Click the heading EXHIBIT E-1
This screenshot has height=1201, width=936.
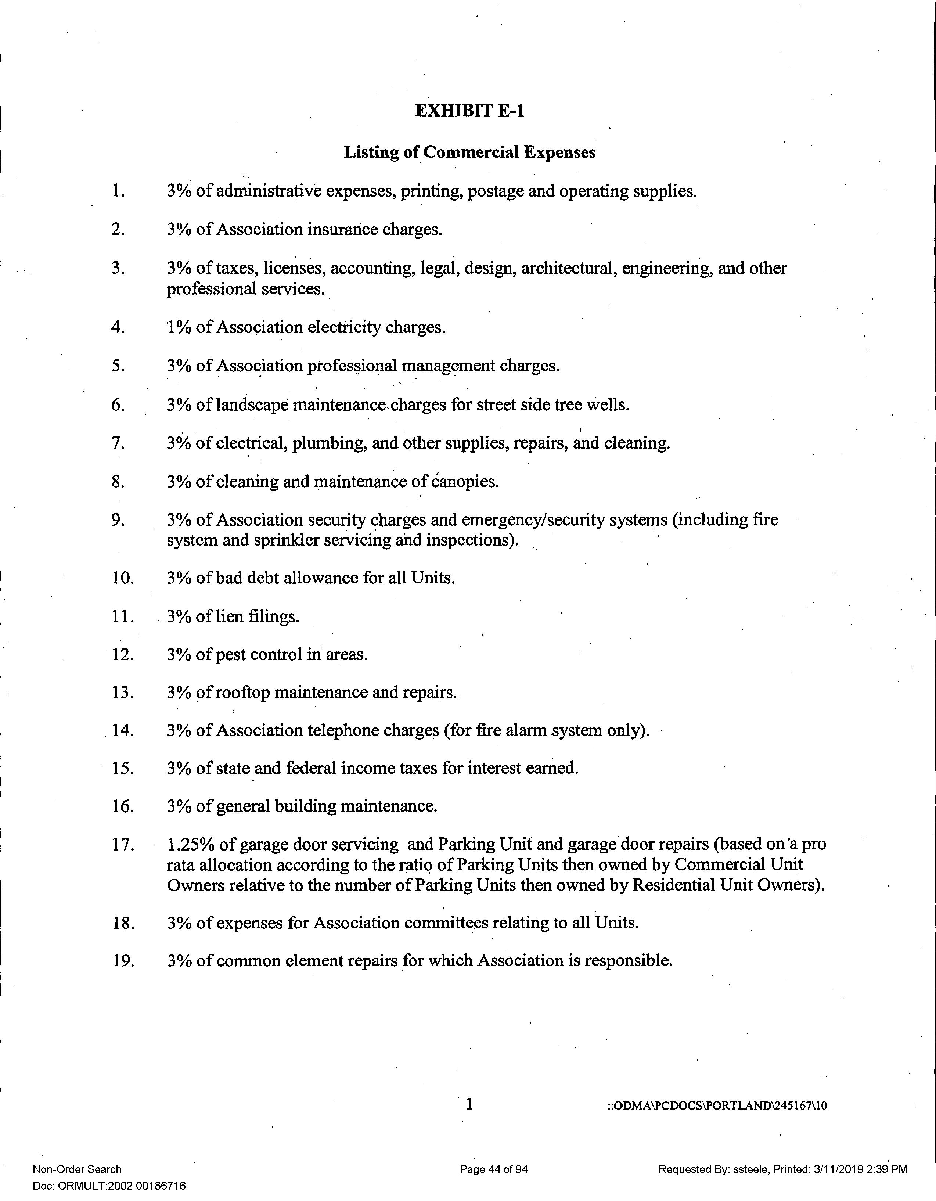pos(469,111)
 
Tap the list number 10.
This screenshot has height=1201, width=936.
pos(123,578)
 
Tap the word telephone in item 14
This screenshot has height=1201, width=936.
pos(342,731)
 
